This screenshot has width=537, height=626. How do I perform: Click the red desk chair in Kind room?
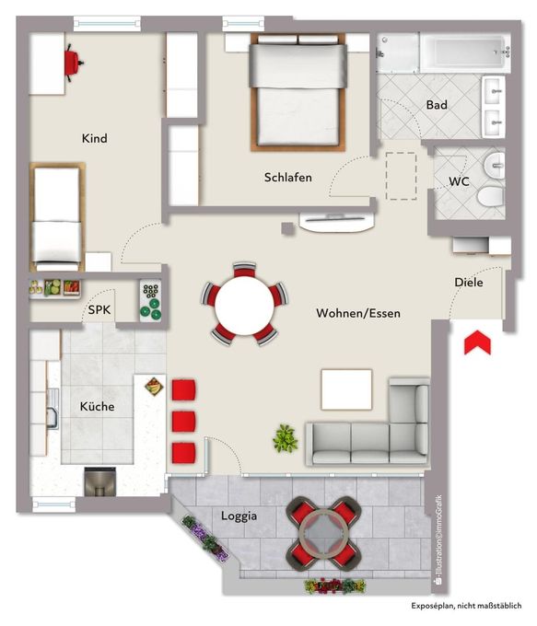pyautogui.click(x=74, y=63)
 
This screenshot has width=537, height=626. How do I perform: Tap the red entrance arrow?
pyautogui.click(x=477, y=342)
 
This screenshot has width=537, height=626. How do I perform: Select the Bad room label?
pyautogui.click(x=437, y=105)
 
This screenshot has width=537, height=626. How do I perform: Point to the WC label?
pyautogui.click(x=459, y=181)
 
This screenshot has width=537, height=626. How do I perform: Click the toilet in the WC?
pyautogui.click(x=491, y=196)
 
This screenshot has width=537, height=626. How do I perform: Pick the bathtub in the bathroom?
pyautogui.click(x=465, y=52)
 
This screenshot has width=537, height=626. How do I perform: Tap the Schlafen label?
pyautogui.click(x=287, y=178)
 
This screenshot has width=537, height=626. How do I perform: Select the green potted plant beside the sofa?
pyautogui.click(x=286, y=438)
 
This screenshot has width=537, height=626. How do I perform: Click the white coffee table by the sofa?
pyautogui.click(x=347, y=389)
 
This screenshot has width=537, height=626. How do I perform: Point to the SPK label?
pyautogui.click(x=99, y=310)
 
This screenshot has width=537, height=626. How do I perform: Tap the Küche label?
pyautogui.click(x=97, y=406)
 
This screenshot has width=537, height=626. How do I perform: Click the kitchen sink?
pyautogui.click(x=53, y=409)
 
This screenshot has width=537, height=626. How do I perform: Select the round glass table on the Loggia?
pyautogui.click(x=324, y=533)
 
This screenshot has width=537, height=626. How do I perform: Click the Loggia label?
pyautogui.click(x=239, y=516)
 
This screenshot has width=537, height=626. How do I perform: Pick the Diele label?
pyautogui.click(x=469, y=283)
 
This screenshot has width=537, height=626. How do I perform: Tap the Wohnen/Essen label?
pyautogui.click(x=358, y=313)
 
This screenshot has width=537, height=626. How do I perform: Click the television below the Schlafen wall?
pyautogui.click(x=336, y=221)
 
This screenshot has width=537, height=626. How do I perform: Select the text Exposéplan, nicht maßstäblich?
pyautogui.click(x=466, y=606)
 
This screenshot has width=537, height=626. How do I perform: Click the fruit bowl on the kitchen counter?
pyautogui.click(x=154, y=386)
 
